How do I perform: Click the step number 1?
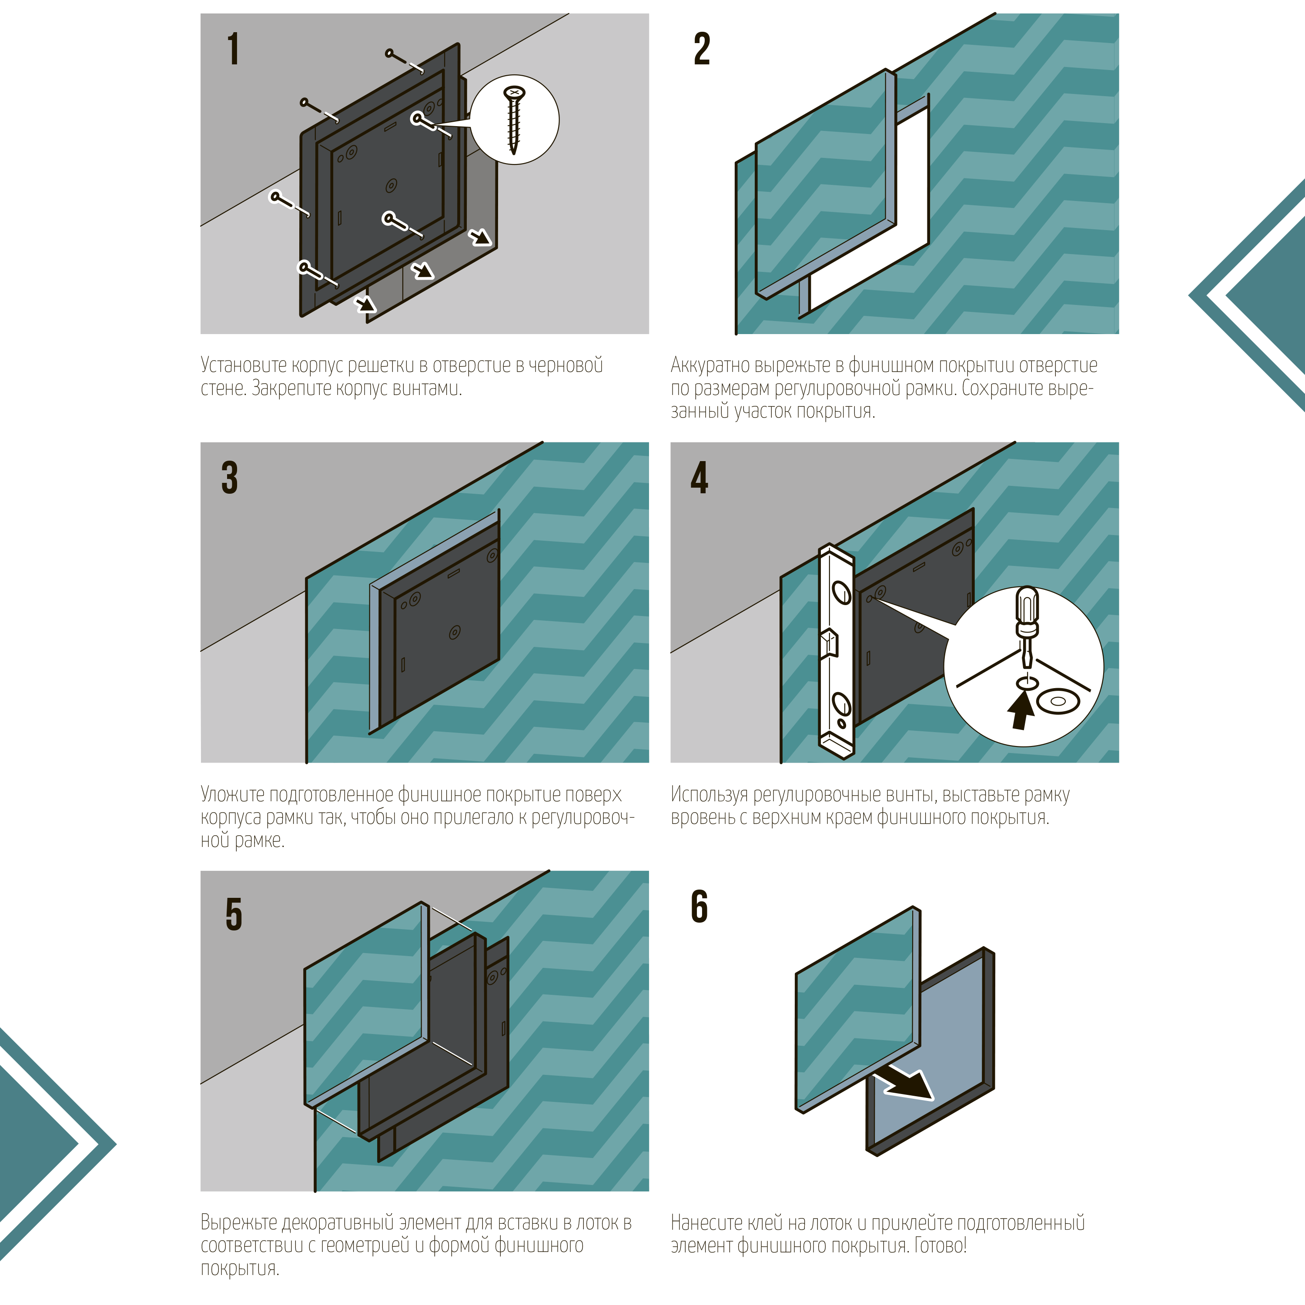[233, 49]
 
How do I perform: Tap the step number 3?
[230, 478]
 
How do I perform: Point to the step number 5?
[233, 914]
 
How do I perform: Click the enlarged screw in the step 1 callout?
[515, 120]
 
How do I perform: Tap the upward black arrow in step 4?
[1021, 711]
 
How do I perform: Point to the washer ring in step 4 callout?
[1058, 702]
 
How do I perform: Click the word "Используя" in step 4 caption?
[709, 794]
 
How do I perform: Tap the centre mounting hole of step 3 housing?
[455, 632]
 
